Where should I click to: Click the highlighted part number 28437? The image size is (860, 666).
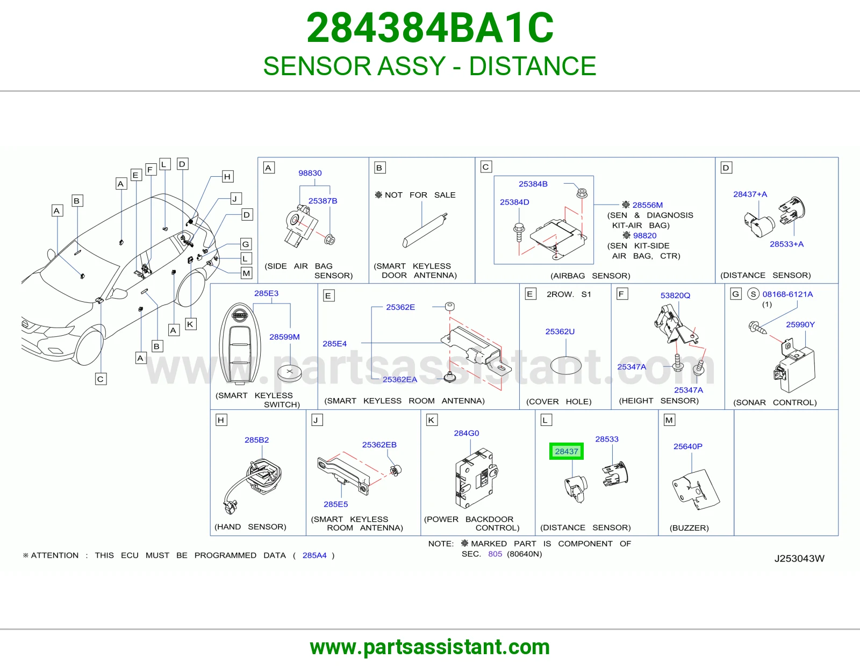(x=566, y=451)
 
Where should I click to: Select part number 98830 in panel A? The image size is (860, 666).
(x=310, y=173)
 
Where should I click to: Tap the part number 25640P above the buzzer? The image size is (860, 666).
(x=688, y=446)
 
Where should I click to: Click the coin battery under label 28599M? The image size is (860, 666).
(x=289, y=373)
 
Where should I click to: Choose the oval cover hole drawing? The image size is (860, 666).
(x=565, y=365)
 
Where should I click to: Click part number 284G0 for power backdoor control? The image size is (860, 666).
(x=466, y=433)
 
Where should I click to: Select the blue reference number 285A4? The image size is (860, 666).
(x=314, y=555)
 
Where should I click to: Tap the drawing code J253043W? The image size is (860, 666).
(x=799, y=559)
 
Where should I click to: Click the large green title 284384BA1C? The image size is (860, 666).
(x=430, y=28)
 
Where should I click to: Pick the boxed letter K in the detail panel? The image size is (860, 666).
(x=432, y=420)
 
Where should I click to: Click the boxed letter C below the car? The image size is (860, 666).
(x=101, y=379)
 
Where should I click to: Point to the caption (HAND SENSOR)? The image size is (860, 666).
(x=250, y=527)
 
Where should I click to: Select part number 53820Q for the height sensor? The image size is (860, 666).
(x=675, y=295)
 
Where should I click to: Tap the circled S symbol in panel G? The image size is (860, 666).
(x=753, y=294)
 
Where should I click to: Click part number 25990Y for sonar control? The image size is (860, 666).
(x=800, y=324)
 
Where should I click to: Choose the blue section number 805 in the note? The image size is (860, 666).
(x=495, y=554)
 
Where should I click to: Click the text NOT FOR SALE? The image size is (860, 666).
(x=420, y=195)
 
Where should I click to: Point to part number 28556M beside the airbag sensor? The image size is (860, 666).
(x=648, y=205)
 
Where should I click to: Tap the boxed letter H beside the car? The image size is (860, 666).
(x=227, y=176)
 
